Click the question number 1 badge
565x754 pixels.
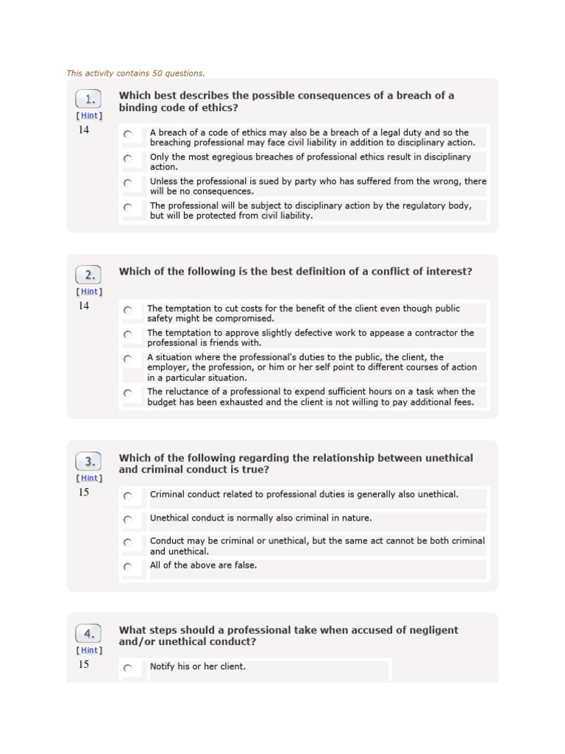point(89,99)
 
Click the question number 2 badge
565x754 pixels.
point(89,275)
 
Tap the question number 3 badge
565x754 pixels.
point(89,462)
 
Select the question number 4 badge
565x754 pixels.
point(89,634)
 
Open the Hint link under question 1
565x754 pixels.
point(89,116)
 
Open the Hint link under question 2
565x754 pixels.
point(89,292)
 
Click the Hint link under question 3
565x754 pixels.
point(89,478)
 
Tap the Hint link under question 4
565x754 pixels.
point(89,650)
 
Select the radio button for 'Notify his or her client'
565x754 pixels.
point(128,668)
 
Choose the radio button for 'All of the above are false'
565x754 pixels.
point(128,567)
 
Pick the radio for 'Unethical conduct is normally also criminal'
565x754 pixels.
point(128,520)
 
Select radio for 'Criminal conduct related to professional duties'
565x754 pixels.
point(128,496)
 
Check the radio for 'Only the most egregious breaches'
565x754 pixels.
point(128,158)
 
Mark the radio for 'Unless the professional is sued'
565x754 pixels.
point(128,183)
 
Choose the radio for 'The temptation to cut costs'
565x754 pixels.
point(128,311)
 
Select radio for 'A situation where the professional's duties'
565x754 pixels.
point(128,359)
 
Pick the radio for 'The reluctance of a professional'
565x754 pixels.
point(128,393)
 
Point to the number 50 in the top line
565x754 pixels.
point(157,74)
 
